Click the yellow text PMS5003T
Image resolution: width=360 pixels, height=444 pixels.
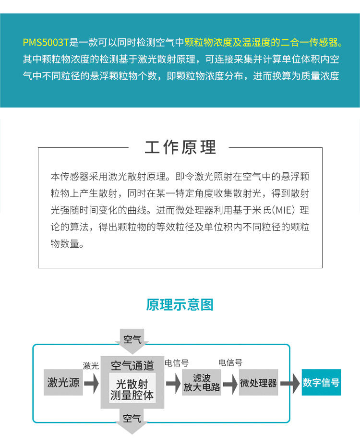(46, 42)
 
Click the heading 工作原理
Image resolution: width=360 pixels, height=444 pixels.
(180, 147)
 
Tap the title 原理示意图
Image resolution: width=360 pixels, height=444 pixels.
(180, 304)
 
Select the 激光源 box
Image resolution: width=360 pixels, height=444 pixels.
(63, 382)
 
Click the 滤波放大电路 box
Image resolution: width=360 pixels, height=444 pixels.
(202, 382)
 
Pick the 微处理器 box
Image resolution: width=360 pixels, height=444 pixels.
(258, 383)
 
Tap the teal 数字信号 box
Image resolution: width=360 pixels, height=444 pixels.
(321, 382)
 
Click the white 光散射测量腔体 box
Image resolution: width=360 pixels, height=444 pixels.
(132, 389)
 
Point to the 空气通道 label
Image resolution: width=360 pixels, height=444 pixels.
(132, 366)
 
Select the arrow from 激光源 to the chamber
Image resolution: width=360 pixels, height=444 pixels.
(91, 383)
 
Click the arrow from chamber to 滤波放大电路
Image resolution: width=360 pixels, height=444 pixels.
(173, 383)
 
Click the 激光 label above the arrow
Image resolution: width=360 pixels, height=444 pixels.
(91, 366)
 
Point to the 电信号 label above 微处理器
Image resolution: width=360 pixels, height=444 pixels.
(230, 362)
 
